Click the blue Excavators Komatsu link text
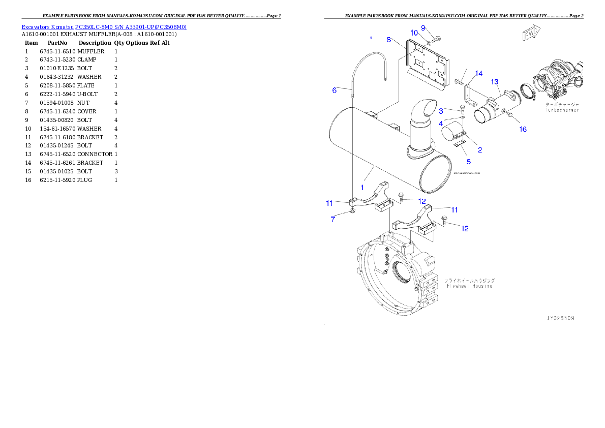pos(104,27)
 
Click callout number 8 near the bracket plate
pos(389,40)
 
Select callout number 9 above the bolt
pos(423,27)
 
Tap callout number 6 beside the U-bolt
pos(335,90)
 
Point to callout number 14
pos(478,74)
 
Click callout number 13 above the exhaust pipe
pos(495,82)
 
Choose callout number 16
pos(523,130)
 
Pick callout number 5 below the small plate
pos(469,162)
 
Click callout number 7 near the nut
pos(333,220)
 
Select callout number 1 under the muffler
pos(362,187)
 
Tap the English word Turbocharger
pos(562,110)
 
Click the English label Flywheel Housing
pos(469,286)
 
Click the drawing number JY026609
pos(560,318)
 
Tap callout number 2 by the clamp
pos(479,150)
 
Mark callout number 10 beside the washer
pos(414,33)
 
